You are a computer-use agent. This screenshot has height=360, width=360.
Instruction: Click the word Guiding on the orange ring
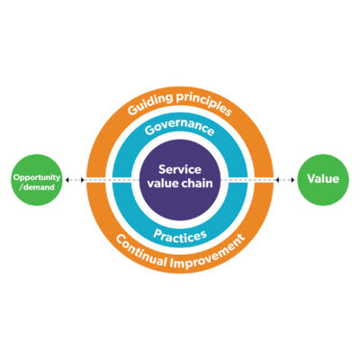[x=149, y=103]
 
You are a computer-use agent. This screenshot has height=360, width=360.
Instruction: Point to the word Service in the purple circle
[x=180, y=169]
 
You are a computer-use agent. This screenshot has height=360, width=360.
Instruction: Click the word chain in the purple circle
[x=195, y=183]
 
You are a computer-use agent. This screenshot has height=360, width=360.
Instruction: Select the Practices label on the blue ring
[x=180, y=237]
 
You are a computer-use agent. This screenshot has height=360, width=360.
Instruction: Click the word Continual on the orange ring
[x=140, y=252]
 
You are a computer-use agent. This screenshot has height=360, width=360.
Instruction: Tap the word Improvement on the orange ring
[x=208, y=254]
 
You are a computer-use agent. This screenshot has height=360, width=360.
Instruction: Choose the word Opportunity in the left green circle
[x=37, y=177]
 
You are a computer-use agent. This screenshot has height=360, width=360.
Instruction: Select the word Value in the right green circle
[x=323, y=179]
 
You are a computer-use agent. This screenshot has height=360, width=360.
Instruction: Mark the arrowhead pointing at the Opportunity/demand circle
[x=67, y=180]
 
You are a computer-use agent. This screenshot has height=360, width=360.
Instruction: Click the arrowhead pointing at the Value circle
[x=292, y=180]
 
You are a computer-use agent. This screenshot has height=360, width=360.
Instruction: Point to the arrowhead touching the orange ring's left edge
[x=83, y=180]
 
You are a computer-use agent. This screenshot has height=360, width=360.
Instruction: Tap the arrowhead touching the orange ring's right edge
[x=277, y=180]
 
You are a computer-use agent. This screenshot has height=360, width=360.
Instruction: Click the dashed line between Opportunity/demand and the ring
[x=75, y=180]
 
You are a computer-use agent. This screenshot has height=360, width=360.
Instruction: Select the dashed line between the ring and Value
[x=285, y=180]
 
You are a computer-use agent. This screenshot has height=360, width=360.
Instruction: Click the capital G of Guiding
[x=131, y=111]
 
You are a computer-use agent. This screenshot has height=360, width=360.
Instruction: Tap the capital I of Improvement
[x=172, y=263]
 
